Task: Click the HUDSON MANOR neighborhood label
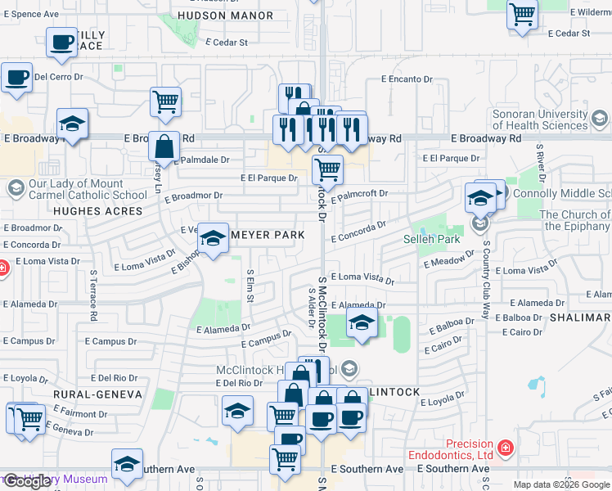click(x=214, y=16)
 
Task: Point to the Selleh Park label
click(x=433, y=239)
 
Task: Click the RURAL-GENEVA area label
click(x=97, y=394)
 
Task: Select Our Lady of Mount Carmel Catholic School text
click(x=76, y=190)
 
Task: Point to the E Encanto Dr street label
click(x=407, y=79)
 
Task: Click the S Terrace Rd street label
click(x=94, y=295)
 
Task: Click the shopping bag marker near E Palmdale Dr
click(x=164, y=146)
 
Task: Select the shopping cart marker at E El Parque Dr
click(x=327, y=170)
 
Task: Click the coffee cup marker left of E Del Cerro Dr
click(x=16, y=78)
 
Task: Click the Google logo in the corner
click(x=28, y=481)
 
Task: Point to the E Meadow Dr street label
click(x=448, y=260)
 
